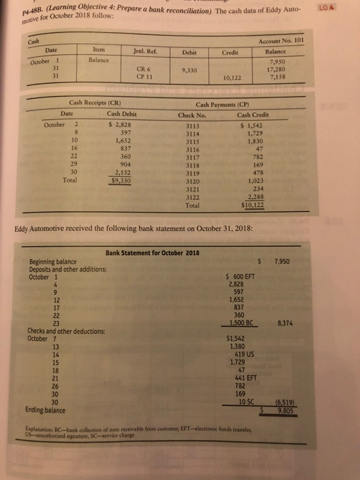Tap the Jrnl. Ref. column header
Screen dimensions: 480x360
tap(141, 51)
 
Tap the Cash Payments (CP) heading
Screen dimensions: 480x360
tap(222, 103)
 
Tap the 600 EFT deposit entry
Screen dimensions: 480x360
tap(241, 276)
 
